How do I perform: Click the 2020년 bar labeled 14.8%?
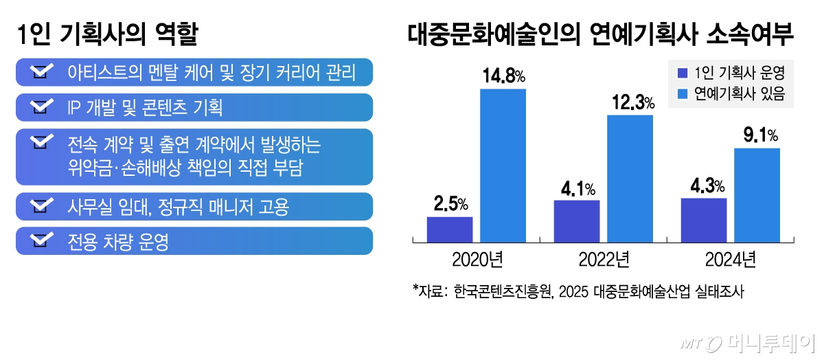coord(503,166)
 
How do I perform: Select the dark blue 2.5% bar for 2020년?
coord(450,229)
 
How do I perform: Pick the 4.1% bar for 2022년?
coord(577,221)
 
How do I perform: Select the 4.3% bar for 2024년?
coord(704,220)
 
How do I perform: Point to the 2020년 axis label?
coord(477,260)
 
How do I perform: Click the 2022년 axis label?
coord(604,260)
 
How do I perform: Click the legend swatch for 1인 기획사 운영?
coord(682,73)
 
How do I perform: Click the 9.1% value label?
coord(760,135)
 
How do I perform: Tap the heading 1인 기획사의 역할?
coord(108,34)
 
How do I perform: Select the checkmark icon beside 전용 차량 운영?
coord(43,241)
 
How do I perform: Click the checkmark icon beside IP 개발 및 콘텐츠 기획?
coord(43,107)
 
